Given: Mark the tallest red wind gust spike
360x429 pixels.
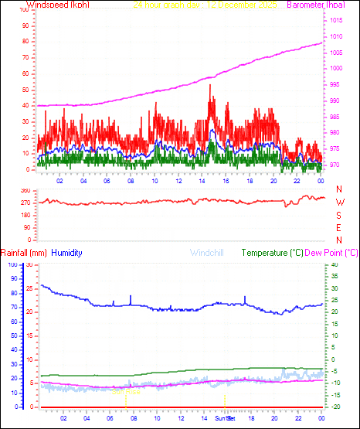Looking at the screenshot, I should (x=210, y=86).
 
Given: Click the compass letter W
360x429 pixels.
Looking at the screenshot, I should (x=339, y=203).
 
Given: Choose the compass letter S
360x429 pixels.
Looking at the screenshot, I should (x=339, y=216).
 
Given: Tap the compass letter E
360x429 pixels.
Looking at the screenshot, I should (x=339, y=228).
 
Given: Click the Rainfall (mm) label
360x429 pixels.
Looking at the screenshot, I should (x=24, y=253).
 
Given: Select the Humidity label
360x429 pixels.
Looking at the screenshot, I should (x=67, y=253).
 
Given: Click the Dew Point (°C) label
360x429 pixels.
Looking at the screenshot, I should (x=331, y=253).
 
